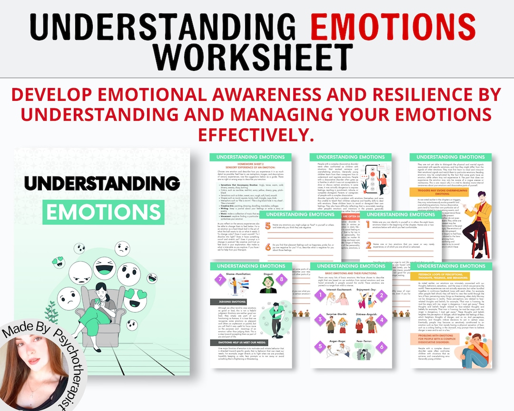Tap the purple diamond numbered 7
click(x=220, y=280)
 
